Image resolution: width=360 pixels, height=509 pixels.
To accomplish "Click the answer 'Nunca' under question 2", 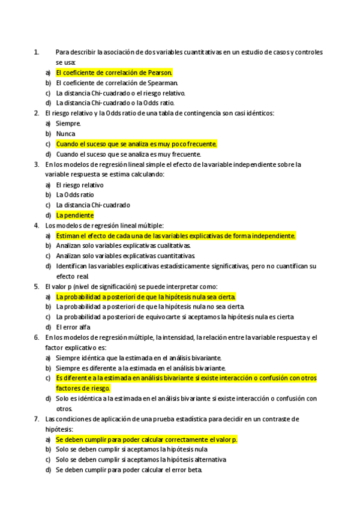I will [66, 134].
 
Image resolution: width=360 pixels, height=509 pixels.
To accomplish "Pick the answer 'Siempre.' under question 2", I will [68, 124].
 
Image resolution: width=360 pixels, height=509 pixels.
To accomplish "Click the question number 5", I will [37, 286].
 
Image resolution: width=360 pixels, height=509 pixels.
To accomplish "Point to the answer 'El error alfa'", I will [73, 327].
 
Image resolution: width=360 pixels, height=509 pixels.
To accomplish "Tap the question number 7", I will [37, 419].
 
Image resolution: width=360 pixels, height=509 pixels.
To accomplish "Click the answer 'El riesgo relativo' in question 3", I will [80, 185].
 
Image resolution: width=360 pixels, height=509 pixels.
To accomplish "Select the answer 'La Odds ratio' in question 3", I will [75, 195].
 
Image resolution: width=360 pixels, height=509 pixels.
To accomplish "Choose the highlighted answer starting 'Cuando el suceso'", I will [136, 144].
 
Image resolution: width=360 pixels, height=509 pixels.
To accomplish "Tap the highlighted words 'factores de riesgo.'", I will [83, 388].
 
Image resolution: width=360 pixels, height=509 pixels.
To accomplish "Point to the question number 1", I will [37, 52].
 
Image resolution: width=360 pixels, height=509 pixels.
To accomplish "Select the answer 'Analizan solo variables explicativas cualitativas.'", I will [124, 246].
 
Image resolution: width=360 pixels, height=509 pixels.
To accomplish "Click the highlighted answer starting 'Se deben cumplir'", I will [146, 439].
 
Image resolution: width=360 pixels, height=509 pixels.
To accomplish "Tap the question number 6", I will [37, 337].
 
